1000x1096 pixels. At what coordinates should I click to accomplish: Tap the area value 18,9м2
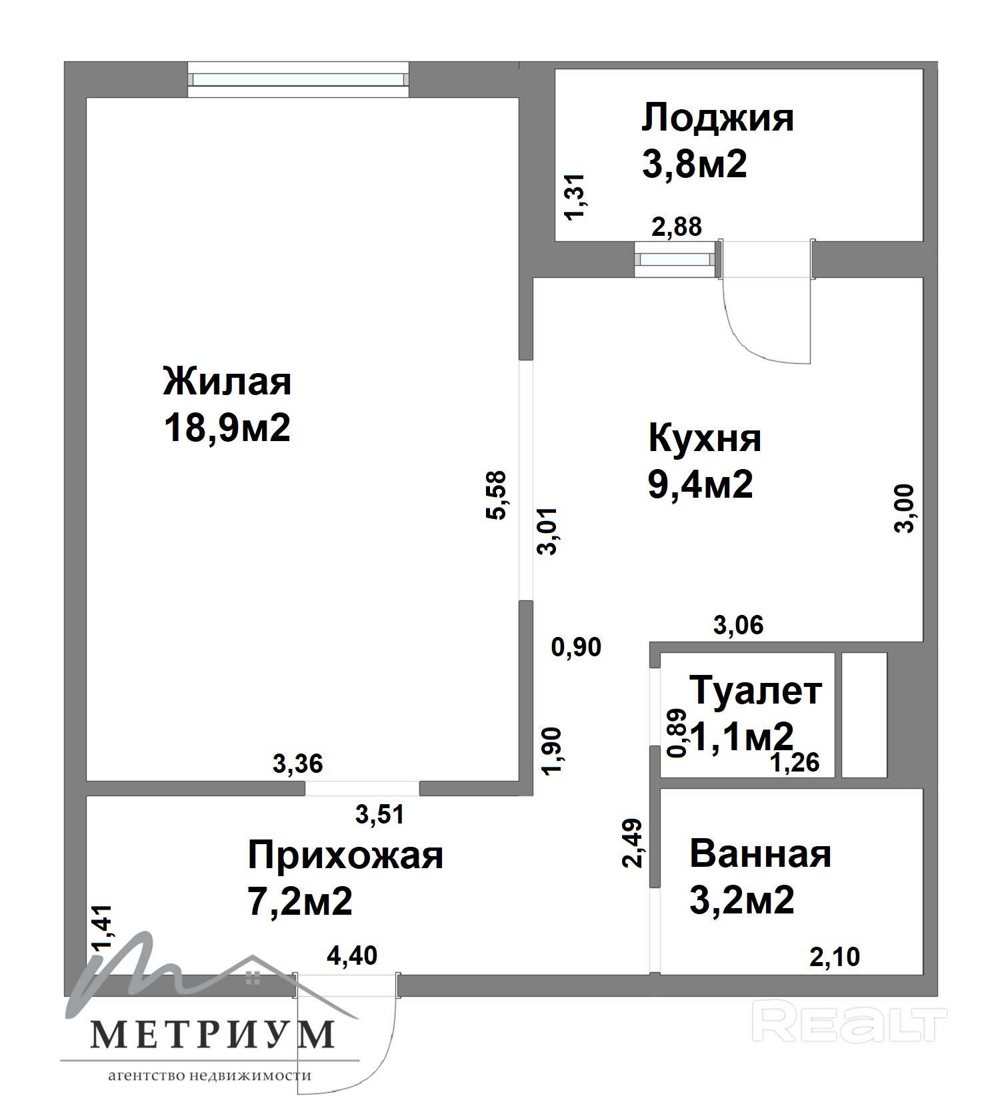pos(227,428)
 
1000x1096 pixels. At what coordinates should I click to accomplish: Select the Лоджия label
pos(718,119)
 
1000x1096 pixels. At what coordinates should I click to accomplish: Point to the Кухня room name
pos(705,438)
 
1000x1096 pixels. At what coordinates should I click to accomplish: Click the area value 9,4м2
pos(701,484)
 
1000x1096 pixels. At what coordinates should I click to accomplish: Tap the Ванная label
pos(761,853)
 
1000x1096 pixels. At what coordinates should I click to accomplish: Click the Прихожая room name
pos(345,855)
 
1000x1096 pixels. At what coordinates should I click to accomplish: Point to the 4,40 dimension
pos(352,955)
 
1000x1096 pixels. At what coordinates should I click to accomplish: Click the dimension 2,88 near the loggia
pos(677,227)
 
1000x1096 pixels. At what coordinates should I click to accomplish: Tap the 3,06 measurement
pos(739,625)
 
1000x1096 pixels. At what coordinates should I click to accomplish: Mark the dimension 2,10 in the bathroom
pos(835,957)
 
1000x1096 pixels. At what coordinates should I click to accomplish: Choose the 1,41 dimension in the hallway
pos(103,928)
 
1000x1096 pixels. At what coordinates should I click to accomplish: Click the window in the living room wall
pos(298,79)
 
